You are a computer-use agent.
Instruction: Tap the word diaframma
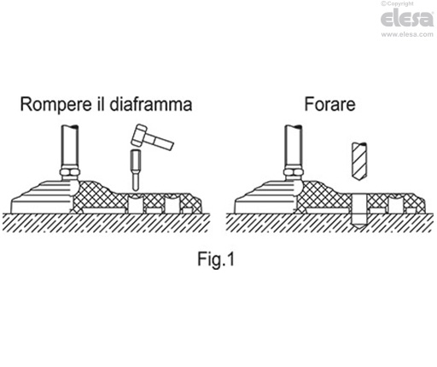150,104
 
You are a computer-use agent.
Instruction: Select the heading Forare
329,104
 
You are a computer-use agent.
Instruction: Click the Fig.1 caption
216,259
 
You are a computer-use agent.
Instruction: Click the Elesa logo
407,18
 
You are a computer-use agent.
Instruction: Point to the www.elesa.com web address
407,34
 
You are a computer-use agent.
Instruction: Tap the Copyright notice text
397,3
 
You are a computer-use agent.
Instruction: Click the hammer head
139,136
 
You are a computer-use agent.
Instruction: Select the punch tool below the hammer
136,170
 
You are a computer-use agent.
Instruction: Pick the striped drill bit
359,160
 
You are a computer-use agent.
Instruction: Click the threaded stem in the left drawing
70,147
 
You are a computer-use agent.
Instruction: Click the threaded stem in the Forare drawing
294,147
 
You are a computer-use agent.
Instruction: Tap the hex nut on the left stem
70,172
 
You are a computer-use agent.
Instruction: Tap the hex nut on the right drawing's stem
294,172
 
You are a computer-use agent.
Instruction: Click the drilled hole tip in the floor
358,224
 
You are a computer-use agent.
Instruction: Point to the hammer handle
160,142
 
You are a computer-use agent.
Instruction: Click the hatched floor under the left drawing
106,223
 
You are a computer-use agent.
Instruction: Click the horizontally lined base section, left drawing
44,198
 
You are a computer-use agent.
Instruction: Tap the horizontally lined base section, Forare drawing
267,198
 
